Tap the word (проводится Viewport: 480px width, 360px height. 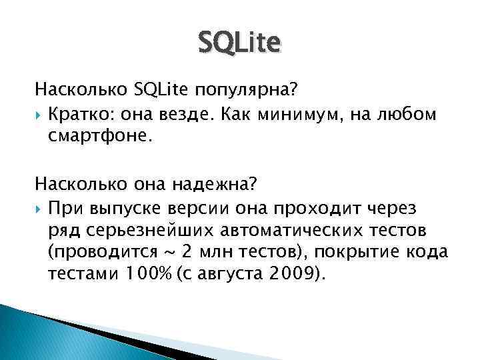[x=95, y=253]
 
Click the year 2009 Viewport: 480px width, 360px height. [x=291, y=275]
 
